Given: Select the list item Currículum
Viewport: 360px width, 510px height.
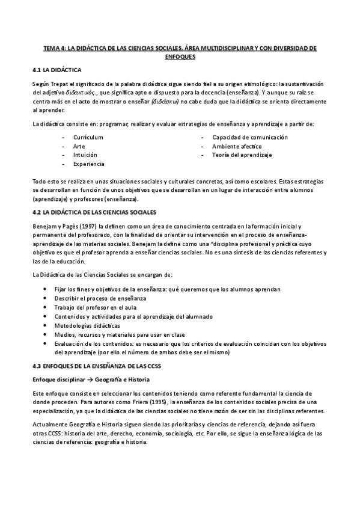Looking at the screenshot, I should (88, 137).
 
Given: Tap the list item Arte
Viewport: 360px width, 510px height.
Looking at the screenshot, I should (79, 146).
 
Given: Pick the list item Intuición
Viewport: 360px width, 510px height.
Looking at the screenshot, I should (85, 155).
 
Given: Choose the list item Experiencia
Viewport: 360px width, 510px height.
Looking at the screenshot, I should (88, 164).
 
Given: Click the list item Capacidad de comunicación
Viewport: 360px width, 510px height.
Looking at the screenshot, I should (249, 137).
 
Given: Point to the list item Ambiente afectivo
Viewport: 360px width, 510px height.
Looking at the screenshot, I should (236, 146).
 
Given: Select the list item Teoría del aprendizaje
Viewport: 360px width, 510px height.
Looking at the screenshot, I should (242, 155).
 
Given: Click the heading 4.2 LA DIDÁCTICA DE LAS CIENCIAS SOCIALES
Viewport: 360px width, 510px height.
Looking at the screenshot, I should (94, 212).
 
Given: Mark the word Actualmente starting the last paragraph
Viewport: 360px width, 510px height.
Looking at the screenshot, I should (50, 424).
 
